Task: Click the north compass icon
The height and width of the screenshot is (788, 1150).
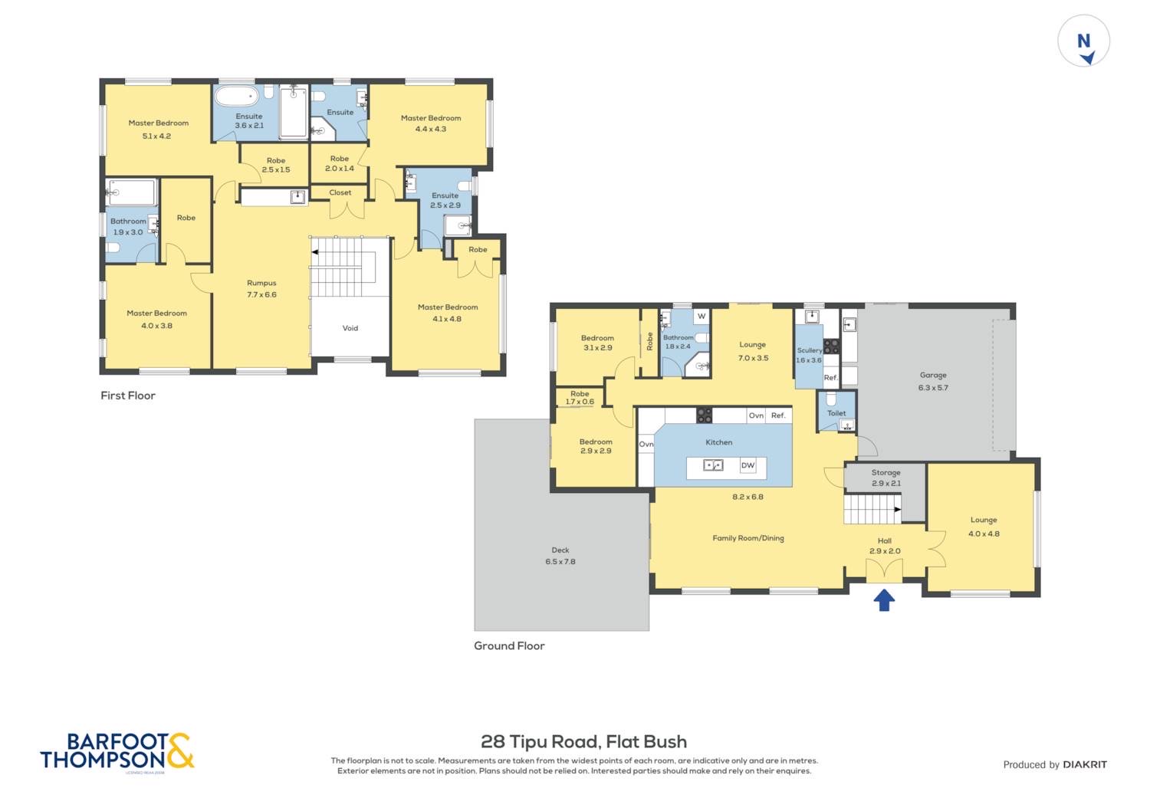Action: (1084, 41)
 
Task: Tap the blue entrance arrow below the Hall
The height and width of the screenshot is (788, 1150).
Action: (884, 599)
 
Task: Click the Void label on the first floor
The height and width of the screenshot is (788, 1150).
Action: (350, 328)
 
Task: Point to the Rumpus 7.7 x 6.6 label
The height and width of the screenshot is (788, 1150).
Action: (261, 289)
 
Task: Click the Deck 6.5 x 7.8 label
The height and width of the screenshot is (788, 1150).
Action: (560, 556)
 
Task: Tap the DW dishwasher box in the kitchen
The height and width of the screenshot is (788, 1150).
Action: (747, 465)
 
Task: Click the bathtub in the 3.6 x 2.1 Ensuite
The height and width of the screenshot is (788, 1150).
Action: (237, 97)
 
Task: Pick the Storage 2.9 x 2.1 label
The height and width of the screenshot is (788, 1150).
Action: (886, 478)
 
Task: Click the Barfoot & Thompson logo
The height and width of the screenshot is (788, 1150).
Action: (117, 752)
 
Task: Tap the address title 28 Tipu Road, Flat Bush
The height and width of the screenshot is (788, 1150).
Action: (583, 741)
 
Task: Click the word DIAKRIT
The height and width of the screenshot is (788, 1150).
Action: (1085, 764)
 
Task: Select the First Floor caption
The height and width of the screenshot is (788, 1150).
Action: (128, 396)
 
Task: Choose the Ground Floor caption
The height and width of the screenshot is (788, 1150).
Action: (509, 645)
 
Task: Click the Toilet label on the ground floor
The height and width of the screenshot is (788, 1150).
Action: (836, 413)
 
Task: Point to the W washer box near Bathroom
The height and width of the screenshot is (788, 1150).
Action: (701, 316)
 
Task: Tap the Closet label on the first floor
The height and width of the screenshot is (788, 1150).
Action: (340, 192)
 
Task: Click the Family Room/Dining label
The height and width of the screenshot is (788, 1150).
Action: (748, 538)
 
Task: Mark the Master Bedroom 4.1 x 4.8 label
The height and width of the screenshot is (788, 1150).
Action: (448, 313)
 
